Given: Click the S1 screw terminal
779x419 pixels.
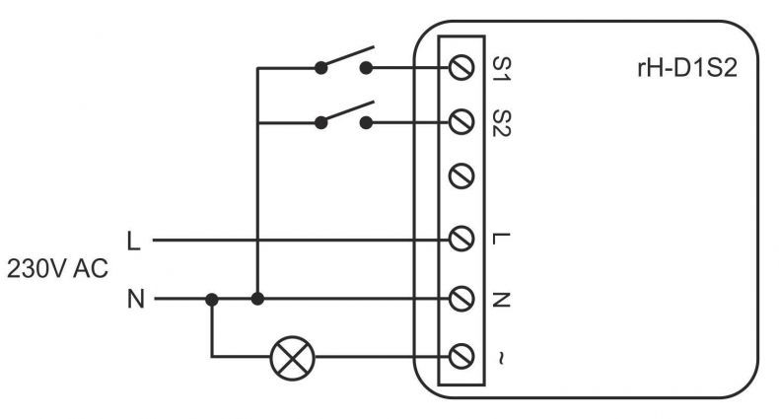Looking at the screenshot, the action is pos(461,67).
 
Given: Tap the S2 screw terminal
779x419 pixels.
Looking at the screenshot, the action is pos(461,122).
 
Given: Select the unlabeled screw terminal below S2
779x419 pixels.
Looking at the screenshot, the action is pos(461,176).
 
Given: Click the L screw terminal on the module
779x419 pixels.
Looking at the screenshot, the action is pos(461,240).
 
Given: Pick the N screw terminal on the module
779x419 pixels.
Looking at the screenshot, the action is pos(461,299).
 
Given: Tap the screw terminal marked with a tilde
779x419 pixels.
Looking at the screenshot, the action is pos(461,357).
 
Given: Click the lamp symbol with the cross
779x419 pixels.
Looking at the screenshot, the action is pos(293,358).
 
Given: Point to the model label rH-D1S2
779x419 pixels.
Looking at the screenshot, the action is pos(687,68).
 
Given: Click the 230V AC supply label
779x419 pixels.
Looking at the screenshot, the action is pos(57,269).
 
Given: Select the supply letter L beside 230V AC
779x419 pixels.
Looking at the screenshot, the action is pos(134,242).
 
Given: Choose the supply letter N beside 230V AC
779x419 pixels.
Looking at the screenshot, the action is pos(136,300).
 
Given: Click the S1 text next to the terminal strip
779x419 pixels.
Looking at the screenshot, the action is pos(501,68).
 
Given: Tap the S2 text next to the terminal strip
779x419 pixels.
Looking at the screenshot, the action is pos(501,122).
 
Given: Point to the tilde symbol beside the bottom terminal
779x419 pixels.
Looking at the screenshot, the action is pos(500,359).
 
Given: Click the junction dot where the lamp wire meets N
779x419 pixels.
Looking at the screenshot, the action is pos(212,300).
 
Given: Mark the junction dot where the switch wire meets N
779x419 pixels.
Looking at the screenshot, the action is pos(257,299).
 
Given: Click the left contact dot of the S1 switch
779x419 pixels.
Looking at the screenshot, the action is pos(321,68).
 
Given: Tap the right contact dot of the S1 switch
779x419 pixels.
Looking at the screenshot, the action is pos(366,68).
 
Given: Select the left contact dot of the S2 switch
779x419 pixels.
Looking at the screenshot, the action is pos(321,122).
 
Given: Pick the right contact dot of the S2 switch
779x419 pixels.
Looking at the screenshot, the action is pos(366,122).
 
